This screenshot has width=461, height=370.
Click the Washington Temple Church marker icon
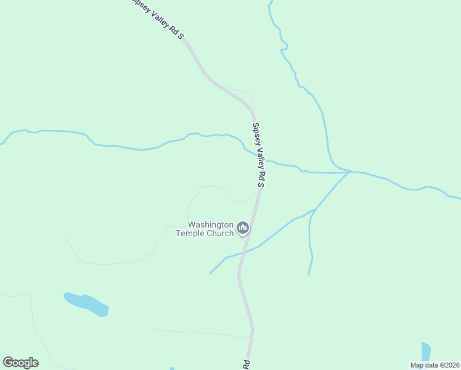click(243, 229)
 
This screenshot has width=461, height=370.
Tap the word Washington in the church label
click(211, 225)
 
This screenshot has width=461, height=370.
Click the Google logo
click(20, 363)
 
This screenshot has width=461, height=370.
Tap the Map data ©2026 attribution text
click(434, 365)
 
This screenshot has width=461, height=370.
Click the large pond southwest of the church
click(86, 304)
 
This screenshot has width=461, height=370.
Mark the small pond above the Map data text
click(425, 351)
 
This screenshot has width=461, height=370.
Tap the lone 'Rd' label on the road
click(245, 364)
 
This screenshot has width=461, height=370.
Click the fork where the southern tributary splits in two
click(314, 210)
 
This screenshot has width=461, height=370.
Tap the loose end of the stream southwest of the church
click(210, 274)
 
